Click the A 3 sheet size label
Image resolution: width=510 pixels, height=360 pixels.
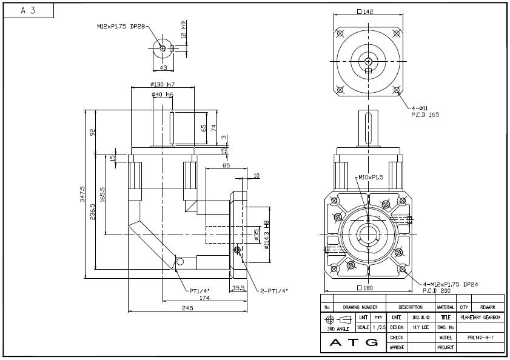point(28,11)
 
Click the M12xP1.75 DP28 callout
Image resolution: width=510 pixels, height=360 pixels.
point(121,27)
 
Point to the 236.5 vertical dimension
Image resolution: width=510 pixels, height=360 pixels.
point(93,212)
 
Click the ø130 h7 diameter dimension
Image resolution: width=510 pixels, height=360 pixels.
point(163,84)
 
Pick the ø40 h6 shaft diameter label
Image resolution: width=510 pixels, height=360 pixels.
point(163,95)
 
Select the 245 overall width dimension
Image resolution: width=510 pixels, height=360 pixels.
point(187,308)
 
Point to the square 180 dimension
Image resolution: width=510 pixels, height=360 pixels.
point(365,288)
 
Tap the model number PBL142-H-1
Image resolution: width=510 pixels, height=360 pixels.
point(480,338)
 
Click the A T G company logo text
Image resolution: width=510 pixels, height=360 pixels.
point(354,343)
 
